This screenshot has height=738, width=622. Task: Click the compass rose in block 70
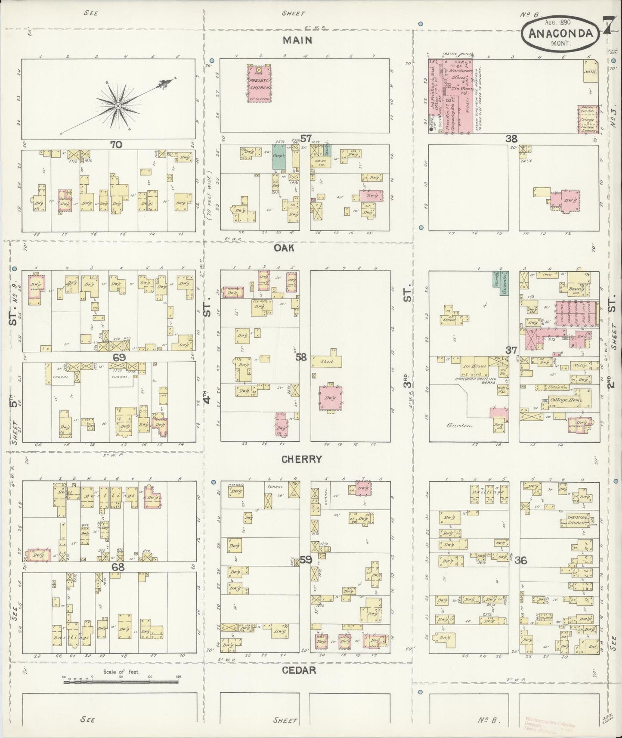(117, 105)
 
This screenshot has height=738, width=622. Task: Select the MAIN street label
(297, 41)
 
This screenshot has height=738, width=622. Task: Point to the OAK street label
(285, 248)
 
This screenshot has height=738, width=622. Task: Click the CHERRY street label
(301, 459)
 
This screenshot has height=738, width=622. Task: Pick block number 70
(116, 145)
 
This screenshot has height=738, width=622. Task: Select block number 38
(511, 139)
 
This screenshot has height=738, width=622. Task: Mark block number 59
(306, 560)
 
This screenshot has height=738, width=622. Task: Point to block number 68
(118, 567)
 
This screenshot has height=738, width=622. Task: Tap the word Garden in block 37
(459, 426)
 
